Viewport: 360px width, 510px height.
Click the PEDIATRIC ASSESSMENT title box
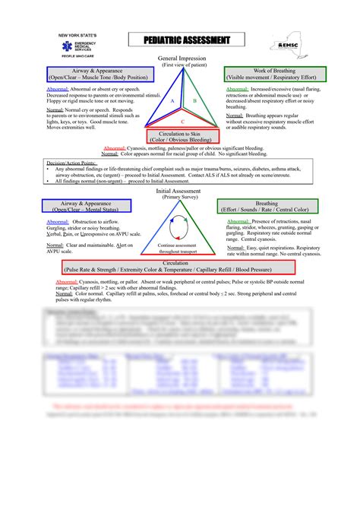click(x=185, y=40)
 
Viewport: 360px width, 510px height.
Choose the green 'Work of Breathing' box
click(x=274, y=74)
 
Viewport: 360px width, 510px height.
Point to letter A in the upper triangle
click(x=172, y=100)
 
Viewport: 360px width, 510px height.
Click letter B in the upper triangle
click(x=194, y=100)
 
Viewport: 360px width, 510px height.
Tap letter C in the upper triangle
click(x=182, y=121)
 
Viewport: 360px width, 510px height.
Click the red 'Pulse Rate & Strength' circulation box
click(x=179, y=266)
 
